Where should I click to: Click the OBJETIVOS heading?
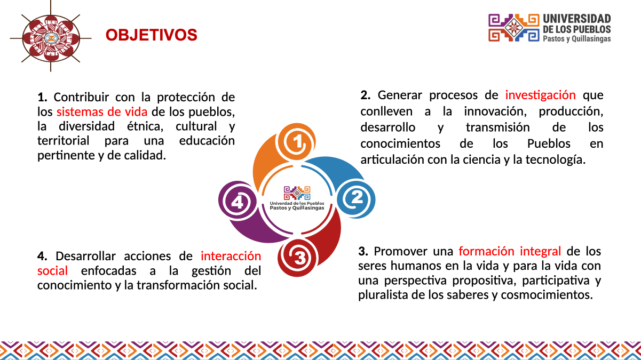coord(151,35)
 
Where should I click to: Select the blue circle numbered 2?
coord(357,198)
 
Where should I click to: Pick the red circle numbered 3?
coord(299,258)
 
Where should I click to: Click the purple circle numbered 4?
coord(237,202)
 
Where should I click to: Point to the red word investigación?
coord(540,95)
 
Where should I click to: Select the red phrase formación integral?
coord(509,251)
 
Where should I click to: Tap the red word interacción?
coord(231,255)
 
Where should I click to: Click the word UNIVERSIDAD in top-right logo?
coord(577,19)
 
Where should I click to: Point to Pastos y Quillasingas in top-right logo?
coord(576,39)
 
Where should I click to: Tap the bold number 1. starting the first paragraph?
coord(43,98)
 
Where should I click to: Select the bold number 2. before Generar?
coord(365,95)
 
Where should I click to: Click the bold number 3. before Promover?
coord(363,251)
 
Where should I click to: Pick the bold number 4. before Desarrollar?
coord(42,255)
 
